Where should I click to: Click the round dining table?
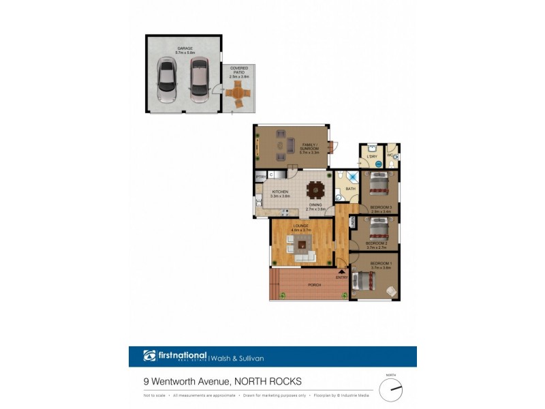[315, 190]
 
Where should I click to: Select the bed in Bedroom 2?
[379, 228]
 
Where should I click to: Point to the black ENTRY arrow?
[341, 271]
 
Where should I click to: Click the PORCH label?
[314, 284]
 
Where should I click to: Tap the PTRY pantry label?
[260, 177]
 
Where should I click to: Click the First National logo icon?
[150, 356]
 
